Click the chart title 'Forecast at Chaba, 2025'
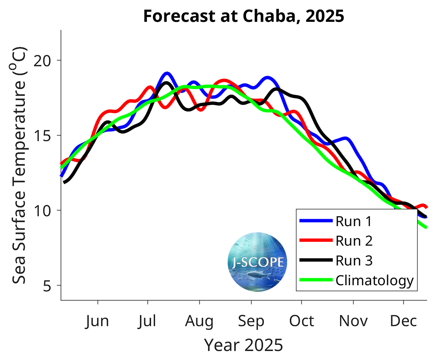(x=244, y=16)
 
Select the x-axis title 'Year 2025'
(x=244, y=345)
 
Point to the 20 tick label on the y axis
(x=49, y=60)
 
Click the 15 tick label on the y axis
(x=49, y=135)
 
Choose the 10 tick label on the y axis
(x=49, y=210)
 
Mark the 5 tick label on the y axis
(x=52, y=286)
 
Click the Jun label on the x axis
(x=97, y=322)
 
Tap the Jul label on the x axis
(x=148, y=322)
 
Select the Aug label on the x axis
(x=199, y=322)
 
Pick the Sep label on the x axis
(x=251, y=322)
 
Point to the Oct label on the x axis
(x=302, y=322)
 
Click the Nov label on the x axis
(x=352, y=322)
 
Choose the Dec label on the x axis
(x=403, y=322)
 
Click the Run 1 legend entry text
(x=354, y=222)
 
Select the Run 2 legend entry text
(x=354, y=241)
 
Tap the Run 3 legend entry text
(x=354, y=261)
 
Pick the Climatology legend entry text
(x=375, y=280)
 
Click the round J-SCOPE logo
(x=258, y=262)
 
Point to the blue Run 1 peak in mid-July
(x=166, y=73)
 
